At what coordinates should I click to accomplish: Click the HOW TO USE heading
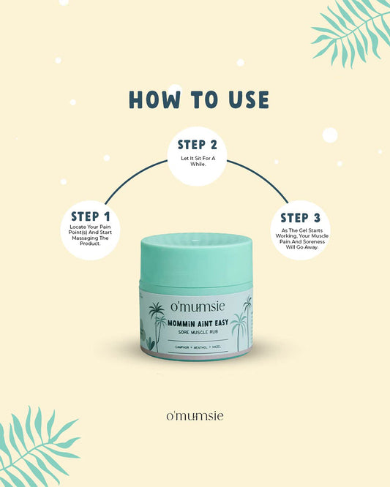198,100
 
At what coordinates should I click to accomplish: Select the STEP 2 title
197,145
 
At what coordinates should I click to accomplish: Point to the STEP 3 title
299,218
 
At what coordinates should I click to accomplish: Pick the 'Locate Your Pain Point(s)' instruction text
91,235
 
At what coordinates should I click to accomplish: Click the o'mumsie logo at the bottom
195,415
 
